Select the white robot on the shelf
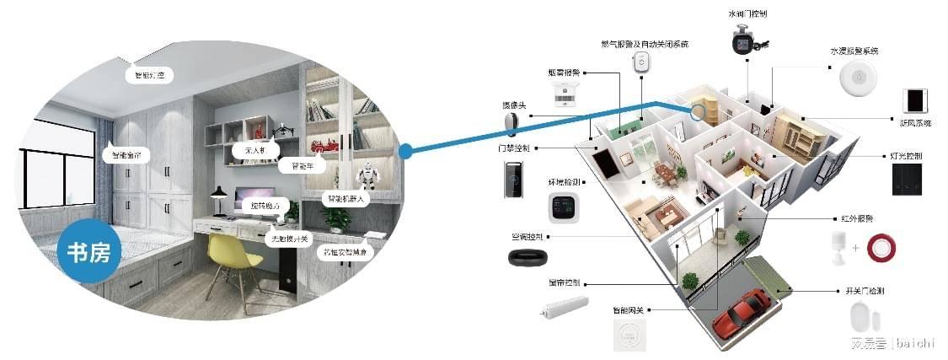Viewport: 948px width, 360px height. coord(367,176)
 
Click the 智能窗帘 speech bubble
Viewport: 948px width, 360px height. coord(126,155)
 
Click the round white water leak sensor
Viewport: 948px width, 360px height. coord(858,78)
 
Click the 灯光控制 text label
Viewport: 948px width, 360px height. coord(907,157)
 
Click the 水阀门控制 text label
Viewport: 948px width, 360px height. coord(747,14)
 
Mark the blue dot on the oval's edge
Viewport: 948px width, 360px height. coord(405,152)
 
